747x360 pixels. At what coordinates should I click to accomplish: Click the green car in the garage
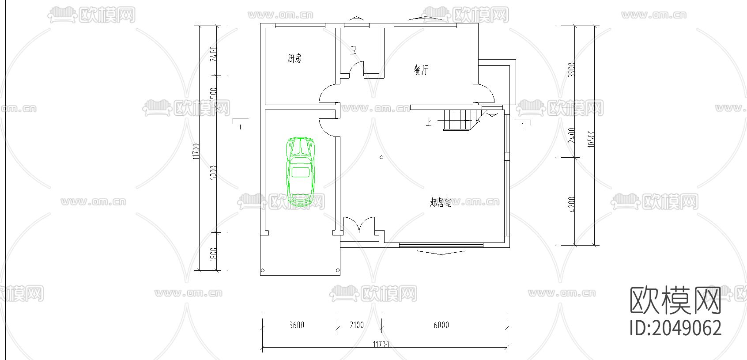[x=300, y=172]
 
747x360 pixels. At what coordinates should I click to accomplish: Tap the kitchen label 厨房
[x=294, y=58]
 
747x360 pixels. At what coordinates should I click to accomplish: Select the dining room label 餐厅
[x=421, y=70]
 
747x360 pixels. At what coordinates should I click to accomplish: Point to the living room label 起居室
[x=440, y=203]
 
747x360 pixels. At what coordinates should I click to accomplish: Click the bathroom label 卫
[x=353, y=50]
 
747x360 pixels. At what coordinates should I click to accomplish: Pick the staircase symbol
[x=459, y=119]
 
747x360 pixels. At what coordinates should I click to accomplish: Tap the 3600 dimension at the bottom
[x=297, y=325]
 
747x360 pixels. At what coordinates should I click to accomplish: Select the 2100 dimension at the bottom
[x=356, y=325]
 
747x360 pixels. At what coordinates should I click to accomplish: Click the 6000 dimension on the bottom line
[x=441, y=325]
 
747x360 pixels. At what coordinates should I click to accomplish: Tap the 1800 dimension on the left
[x=213, y=254]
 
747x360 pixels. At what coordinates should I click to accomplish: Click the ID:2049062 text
[x=675, y=328]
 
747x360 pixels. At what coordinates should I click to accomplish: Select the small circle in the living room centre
[x=381, y=157]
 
